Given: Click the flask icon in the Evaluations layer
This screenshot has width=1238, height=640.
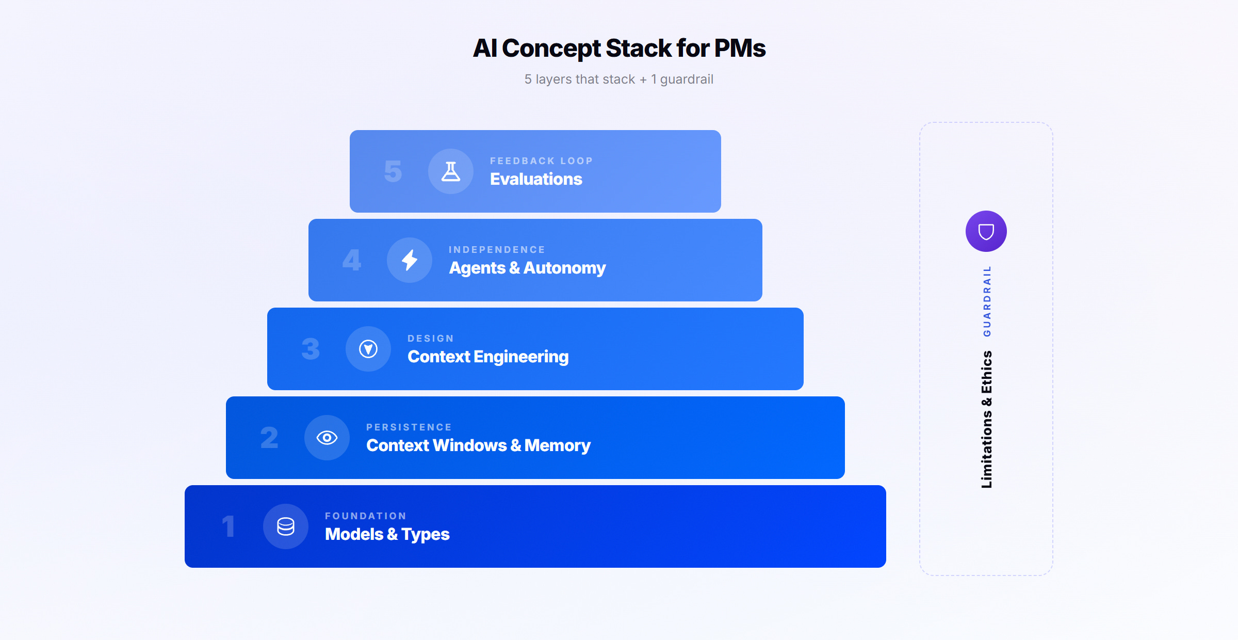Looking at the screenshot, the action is point(451,171).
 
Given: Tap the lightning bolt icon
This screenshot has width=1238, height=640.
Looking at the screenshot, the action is point(410,260).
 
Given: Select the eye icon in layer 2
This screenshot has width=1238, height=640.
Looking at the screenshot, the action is point(327,438).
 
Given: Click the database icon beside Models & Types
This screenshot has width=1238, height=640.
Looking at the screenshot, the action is point(286,526).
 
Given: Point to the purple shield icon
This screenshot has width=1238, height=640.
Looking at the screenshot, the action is point(986,231).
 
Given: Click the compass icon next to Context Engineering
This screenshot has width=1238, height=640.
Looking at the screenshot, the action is point(368,349).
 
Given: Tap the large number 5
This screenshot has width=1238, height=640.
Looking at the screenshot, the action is point(393,171).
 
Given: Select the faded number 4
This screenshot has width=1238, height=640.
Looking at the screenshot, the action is point(352,260).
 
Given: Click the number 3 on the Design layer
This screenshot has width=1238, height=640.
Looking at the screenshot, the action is point(311,349).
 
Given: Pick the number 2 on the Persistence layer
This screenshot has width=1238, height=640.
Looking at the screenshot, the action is point(269,438).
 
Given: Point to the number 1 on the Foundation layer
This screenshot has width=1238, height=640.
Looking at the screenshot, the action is point(228,526).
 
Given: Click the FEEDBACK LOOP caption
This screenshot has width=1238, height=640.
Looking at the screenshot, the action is point(541,161).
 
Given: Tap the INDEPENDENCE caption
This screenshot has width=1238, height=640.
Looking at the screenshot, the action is point(497,250).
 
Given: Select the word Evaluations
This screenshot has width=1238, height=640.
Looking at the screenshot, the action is point(536,179).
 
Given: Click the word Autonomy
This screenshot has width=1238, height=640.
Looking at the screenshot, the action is point(564,268).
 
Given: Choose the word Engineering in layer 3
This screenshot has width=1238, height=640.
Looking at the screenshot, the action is point(521,357).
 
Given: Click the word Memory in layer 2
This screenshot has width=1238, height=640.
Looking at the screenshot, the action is point(557,445).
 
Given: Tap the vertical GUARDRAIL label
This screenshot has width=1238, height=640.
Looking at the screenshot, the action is point(987,301).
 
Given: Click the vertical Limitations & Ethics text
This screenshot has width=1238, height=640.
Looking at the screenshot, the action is point(987,419).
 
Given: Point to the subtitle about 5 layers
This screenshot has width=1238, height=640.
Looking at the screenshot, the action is point(618,79).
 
